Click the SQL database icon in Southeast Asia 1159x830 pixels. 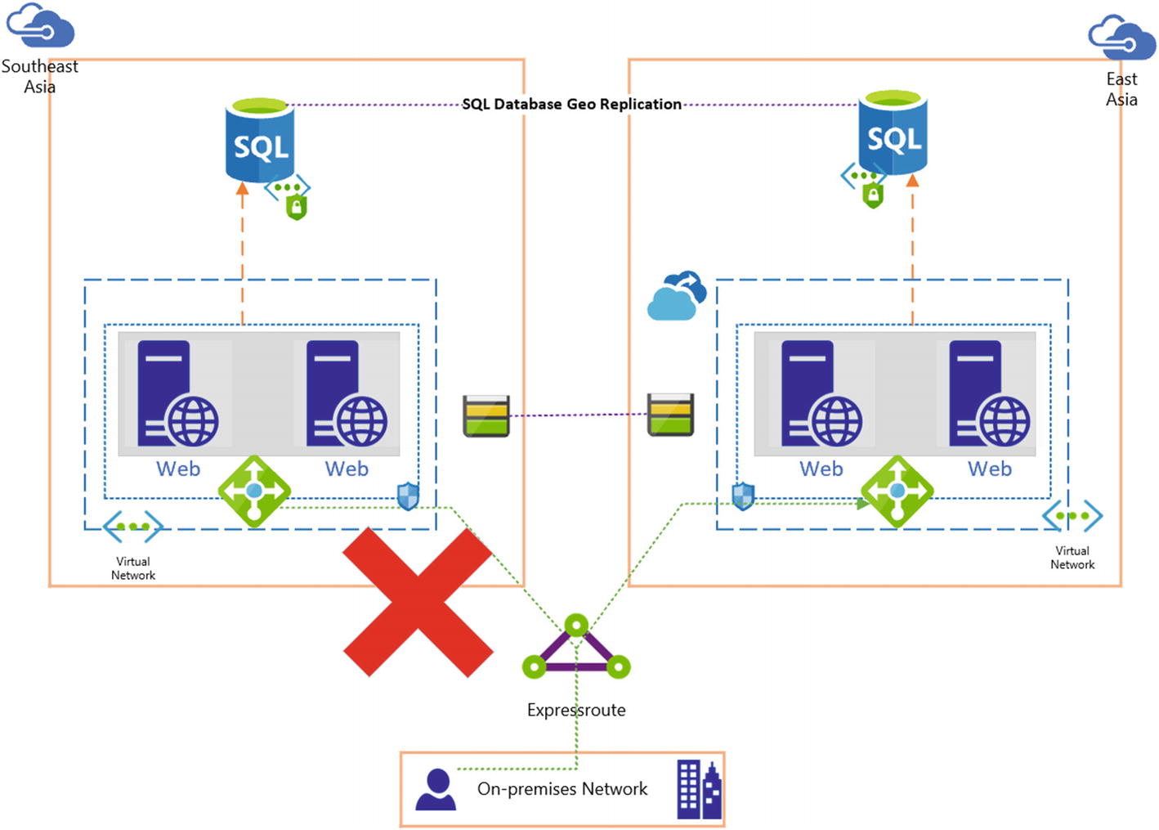pyautogui.click(x=260, y=140)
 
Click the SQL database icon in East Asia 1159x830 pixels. pyautogui.click(x=893, y=133)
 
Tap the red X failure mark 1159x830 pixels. pyautogui.click(x=418, y=602)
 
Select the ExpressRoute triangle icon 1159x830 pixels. pyautogui.click(x=576, y=649)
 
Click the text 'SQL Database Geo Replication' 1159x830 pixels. pyautogui.click(x=571, y=104)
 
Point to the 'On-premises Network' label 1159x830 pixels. pyautogui.click(x=562, y=789)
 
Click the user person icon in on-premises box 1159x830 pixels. pyautogui.click(x=436, y=789)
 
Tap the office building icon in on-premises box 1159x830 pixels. pyautogui.click(x=699, y=789)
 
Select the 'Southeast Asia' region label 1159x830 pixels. pyautogui.click(x=39, y=76)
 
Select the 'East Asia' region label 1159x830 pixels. pyautogui.click(x=1121, y=88)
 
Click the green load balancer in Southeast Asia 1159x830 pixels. pyautogui.click(x=254, y=491)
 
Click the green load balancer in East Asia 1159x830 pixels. pyautogui.click(x=897, y=491)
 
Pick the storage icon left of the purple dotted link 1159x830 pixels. pyautogui.click(x=486, y=415)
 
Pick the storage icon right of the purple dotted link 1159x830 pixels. pyautogui.click(x=671, y=415)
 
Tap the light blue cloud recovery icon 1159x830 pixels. pyautogui.click(x=676, y=296)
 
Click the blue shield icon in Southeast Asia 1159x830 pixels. pyautogui.click(x=408, y=496)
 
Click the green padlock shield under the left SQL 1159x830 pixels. pyautogui.click(x=297, y=208)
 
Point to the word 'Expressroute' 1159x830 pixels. pyautogui.click(x=576, y=710)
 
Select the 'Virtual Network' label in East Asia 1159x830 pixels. pyautogui.click(x=1072, y=558)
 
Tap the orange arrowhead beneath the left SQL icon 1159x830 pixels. pyautogui.click(x=242, y=189)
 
